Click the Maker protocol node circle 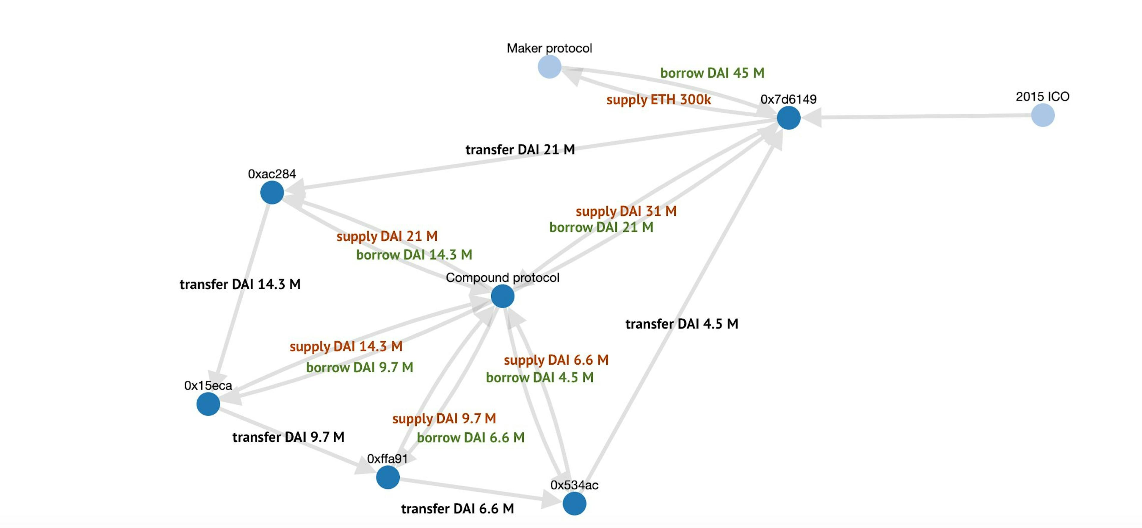point(549,67)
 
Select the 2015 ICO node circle point(1043,115)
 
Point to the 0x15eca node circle point(208,404)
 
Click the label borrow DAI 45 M point(712,73)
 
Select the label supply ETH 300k point(658,100)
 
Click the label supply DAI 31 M point(626,211)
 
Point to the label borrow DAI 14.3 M point(414,255)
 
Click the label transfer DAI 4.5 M point(681,324)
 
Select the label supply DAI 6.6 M point(556,360)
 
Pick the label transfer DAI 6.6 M point(457,508)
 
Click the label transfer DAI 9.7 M point(288,437)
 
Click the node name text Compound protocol point(502,278)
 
